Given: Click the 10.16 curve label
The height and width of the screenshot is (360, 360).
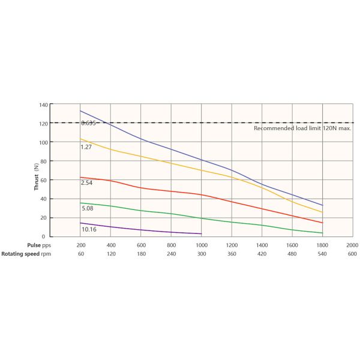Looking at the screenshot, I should point(89,229).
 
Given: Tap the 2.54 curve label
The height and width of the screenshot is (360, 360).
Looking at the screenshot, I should point(87,183).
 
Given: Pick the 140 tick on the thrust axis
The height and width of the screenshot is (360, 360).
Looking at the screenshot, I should point(43,104).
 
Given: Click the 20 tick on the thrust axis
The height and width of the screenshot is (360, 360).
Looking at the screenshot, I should point(44,217).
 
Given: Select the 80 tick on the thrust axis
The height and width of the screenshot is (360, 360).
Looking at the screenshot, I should point(44,161).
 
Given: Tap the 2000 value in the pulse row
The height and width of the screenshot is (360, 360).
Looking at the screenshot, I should point(352,245).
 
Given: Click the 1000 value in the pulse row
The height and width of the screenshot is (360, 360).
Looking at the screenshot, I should point(202,245).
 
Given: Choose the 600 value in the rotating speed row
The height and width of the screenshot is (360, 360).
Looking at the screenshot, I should point(352,254).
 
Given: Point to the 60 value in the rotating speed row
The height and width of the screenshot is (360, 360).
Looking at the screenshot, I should point(81,254).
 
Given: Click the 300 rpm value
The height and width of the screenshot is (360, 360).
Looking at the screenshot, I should point(202,254).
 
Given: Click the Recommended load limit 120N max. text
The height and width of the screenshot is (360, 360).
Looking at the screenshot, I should point(302,128).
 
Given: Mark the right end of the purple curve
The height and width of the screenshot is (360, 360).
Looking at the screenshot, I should point(202,233).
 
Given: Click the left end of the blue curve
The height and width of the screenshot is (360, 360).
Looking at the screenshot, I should point(80,111).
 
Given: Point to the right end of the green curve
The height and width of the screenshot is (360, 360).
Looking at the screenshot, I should point(323,233).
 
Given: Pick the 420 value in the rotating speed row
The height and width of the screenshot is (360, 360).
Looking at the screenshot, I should point(262,254).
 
